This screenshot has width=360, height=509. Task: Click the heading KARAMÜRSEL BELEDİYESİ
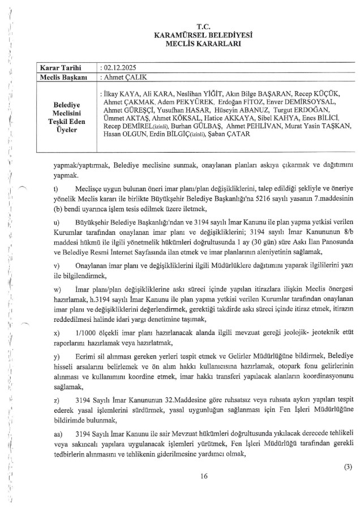[203, 35]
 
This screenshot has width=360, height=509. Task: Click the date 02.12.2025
[117, 67]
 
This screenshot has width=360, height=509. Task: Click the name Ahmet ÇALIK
[121, 76]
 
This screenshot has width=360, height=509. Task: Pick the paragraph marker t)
[55, 188]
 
